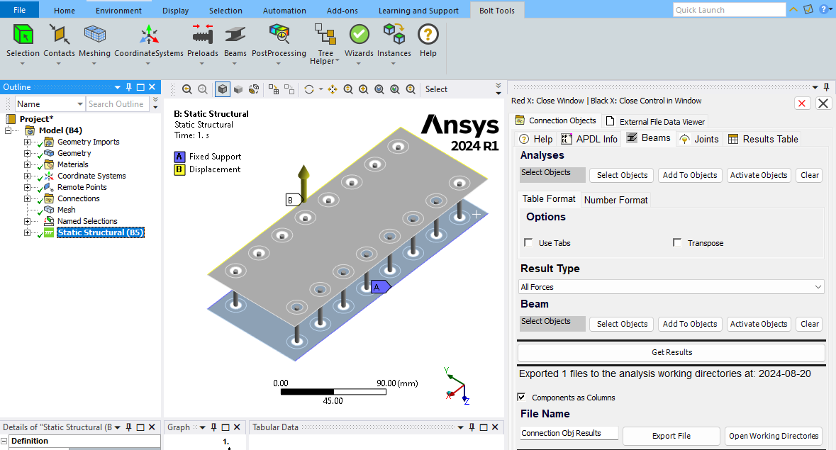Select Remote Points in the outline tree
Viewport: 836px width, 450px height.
(x=82, y=187)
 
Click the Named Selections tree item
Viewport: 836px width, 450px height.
(x=87, y=221)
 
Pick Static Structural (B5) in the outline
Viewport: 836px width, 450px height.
(x=100, y=232)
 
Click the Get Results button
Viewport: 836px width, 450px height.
(x=671, y=352)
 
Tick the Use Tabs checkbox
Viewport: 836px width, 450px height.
(x=528, y=243)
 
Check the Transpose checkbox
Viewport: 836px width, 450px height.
(x=677, y=243)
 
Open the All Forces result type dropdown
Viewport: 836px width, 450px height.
(x=671, y=287)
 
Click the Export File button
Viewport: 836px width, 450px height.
(x=671, y=436)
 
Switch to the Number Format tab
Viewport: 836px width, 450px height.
(x=615, y=200)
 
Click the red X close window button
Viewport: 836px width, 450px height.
(x=802, y=103)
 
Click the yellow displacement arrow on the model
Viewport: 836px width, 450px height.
(x=304, y=181)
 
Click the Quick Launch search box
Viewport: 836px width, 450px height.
(x=729, y=10)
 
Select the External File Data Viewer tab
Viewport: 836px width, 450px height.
(x=655, y=121)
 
